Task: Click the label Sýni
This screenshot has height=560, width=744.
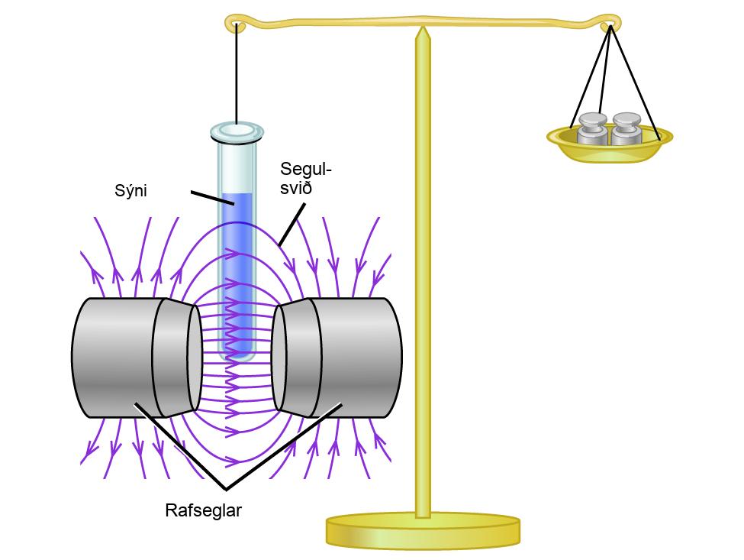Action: tap(130, 191)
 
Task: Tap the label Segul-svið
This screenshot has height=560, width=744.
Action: tap(305, 178)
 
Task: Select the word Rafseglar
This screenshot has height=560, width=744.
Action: tap(203, 510)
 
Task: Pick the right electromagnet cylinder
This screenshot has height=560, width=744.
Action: tap(337, 358)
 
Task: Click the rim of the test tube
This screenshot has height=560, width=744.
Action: tap(237, 132)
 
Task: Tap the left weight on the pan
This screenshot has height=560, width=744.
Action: tap(593, 128)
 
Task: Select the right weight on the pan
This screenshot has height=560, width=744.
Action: tap(626, 128)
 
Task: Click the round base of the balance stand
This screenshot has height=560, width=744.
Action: tap(423, 531)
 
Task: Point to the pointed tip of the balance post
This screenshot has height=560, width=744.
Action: tap(423, 27)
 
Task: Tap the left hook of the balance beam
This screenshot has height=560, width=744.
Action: tap(235, 22)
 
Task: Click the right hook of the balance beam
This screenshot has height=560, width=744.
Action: tap(610, 21)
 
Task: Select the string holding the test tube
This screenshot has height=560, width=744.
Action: tap(237, 73)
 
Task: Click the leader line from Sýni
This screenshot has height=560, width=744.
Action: tap(212, 198)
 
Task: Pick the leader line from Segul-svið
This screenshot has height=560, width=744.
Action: tap(291, 225)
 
